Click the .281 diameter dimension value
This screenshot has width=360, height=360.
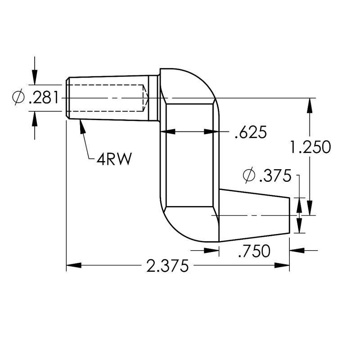[43, 98]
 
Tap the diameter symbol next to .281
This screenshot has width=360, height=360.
[18, 98]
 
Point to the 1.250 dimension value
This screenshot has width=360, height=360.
[310, 147]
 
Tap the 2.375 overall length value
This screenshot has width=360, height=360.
[166, 266]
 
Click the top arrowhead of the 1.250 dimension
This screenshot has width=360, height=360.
[310, 104]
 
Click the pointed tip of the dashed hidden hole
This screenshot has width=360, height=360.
[147, 98]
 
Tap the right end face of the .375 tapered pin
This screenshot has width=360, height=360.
[288, 215]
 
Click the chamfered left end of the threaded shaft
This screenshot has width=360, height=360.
[67, 98]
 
